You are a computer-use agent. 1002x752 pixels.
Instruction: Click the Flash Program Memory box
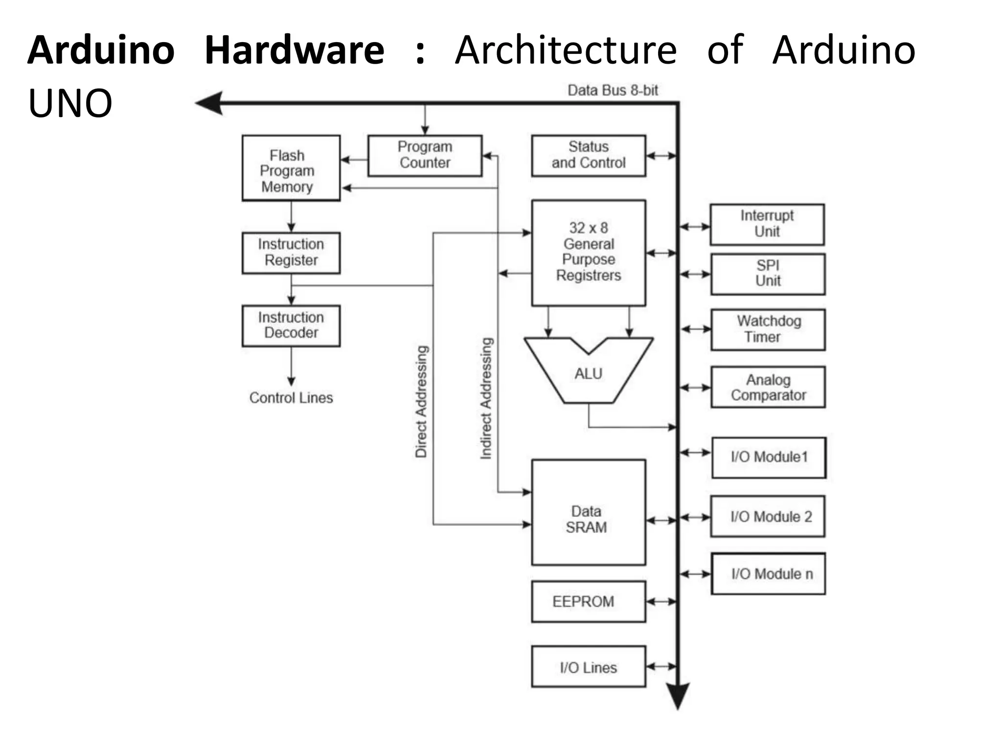click(x=291, y=168)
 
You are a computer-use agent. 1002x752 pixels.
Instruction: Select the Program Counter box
click(x=425, y=156)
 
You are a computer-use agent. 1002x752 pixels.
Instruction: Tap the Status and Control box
click(x=588, y=156)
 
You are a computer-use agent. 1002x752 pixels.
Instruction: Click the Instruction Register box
click(x=291, y=253)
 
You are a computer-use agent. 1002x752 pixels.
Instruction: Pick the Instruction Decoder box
click(x=291, y=326)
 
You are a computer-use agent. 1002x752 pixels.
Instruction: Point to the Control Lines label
click(x=291, y=398)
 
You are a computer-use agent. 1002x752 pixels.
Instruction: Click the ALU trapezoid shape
click(x=588, y=375)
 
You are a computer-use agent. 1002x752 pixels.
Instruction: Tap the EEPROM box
click(x=588, y=601)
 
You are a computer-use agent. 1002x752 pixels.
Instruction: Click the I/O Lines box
click(x=588, y=666)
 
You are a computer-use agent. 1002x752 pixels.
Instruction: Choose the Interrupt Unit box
click(x=767, y=224)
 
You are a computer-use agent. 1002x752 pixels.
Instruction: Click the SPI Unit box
click(x=768, y=274)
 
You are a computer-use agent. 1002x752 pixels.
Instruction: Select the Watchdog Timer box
click(x=768, y=329)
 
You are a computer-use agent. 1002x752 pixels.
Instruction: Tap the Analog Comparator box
click(x=768, y=387)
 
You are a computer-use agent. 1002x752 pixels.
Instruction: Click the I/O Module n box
click(x=768, y=574)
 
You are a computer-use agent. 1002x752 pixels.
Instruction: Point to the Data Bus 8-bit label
click(x=613, y=91)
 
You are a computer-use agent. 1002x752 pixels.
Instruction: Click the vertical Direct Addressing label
click(x=421, y=401)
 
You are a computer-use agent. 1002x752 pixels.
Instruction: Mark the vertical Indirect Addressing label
click(x=486, y=398)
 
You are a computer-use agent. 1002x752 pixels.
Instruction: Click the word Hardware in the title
click(x=294, y=50)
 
